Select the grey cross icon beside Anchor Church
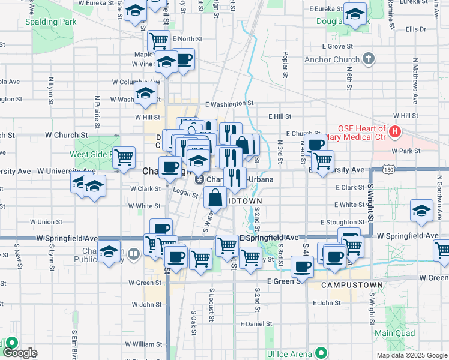click(369, 59)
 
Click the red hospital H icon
click(395, 131)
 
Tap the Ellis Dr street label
click(415, 29)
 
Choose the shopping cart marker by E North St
click(158, 41)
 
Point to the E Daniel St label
click(256, 323)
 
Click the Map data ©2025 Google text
click(411, 355)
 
